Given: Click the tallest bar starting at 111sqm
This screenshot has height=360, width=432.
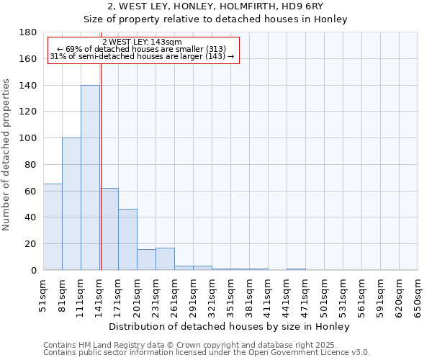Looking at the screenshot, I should tap(90, 177).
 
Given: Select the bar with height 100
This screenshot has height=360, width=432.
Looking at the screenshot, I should tap(71, 204).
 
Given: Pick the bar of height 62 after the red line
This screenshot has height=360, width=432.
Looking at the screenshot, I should tap(109, 229).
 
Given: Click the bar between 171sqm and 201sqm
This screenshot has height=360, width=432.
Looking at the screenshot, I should tap(127, 240).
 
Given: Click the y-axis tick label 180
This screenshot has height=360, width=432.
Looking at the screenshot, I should tap(28, 32).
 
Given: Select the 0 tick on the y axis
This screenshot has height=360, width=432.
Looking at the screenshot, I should tap(34, 270).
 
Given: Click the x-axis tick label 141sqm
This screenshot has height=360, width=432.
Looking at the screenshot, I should tap(100, 294).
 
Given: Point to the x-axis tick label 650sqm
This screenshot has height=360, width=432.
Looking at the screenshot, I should tap(418, 294).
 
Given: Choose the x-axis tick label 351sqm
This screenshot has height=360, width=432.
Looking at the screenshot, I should tap(231, 294).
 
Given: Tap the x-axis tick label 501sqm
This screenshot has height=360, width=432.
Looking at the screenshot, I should tap(325, 294).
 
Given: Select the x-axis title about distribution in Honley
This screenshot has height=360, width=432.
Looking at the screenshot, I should tap(230, 326).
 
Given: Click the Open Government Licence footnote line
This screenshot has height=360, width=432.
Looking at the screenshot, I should tap(207, 352).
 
